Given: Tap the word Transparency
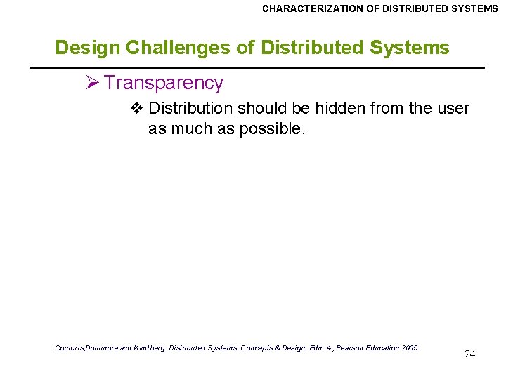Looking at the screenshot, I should click(164, 83).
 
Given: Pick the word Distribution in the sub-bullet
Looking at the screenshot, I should click(190, 108).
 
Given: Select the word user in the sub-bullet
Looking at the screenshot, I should click(453, 108).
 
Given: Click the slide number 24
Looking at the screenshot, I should click(470, 354).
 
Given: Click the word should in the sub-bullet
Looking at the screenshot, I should click(259, 108).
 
